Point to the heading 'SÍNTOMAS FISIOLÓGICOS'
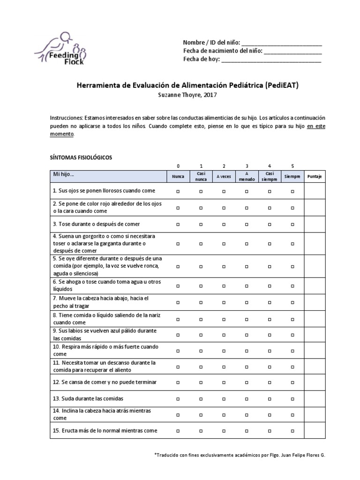(x=81, y=157)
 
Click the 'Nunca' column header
(x=178, y=177)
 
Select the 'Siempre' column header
(x=292, y=177)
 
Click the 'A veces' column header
(x=224, y=177)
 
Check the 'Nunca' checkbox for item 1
(x=178, y=191)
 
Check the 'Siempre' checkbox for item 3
(x=292, y=225)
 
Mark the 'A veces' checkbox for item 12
(x=224, y=382)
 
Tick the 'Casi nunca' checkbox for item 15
(x=201, y=431)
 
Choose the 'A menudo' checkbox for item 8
(x=247, y=319)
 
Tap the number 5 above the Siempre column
(x=292, y=166)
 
